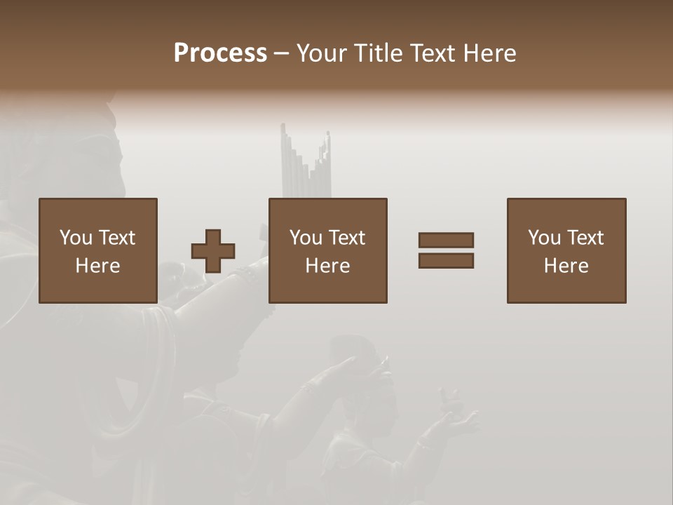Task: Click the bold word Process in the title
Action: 220,53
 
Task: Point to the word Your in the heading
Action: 322,53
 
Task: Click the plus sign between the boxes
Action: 213,251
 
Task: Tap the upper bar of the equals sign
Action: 446,240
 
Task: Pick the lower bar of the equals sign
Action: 446,261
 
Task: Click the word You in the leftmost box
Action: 76,238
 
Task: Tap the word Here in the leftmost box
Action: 97,266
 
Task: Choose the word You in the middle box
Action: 306,238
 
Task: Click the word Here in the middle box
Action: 327,266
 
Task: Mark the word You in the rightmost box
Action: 544,238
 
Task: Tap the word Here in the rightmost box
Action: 566,266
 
